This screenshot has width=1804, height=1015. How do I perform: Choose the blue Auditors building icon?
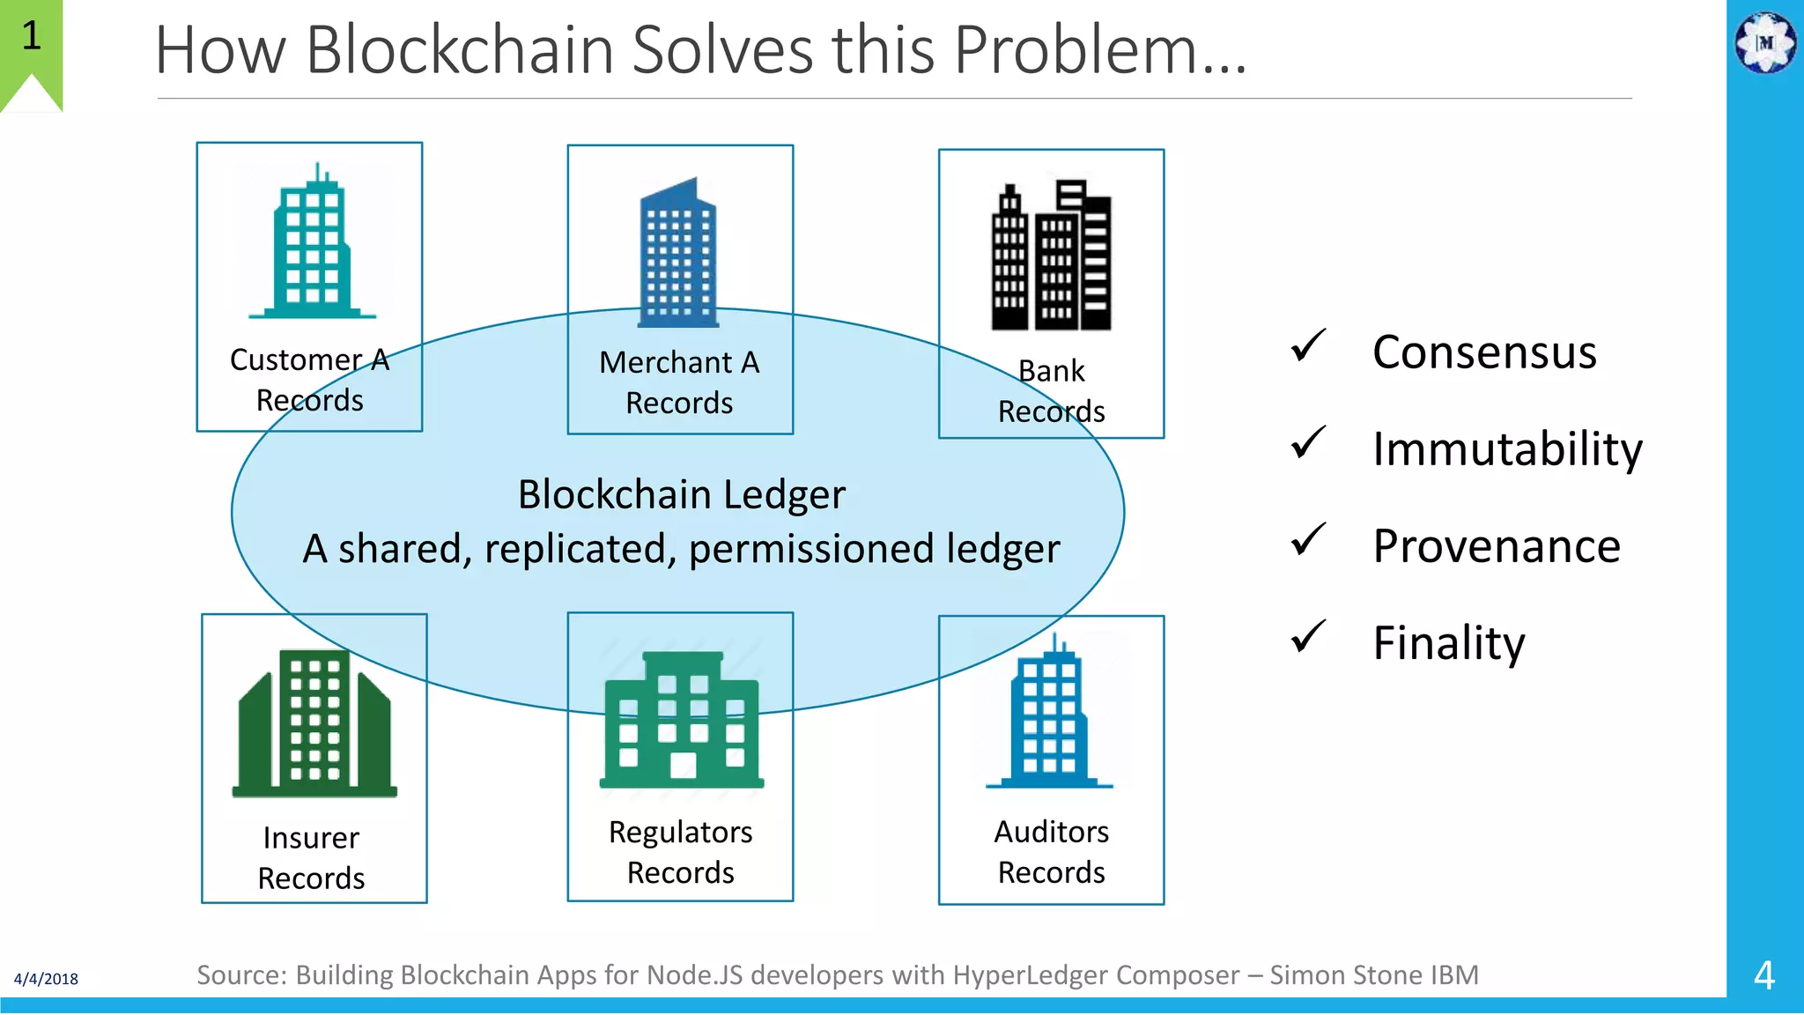1050,714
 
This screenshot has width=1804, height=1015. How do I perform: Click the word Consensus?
1484,352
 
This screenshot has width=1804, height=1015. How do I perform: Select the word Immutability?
1507,449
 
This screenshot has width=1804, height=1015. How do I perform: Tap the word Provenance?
1497,546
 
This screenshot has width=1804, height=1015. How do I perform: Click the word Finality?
1449,643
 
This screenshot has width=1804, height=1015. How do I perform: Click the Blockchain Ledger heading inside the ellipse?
681,495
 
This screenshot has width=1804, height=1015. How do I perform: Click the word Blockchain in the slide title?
460,50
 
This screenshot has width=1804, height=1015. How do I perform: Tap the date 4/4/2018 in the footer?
46,979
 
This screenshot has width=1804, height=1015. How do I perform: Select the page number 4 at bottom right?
1764,975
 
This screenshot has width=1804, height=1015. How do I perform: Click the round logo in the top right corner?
1765,42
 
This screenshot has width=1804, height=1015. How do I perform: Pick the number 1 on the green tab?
32,36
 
